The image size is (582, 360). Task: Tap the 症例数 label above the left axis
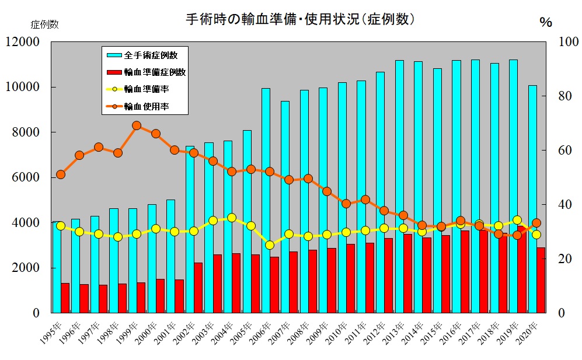[44, 25]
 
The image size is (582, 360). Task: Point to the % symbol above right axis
[545, 23]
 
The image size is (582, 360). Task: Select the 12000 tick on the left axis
[23, 42]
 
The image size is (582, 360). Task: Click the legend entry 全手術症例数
[151, 55]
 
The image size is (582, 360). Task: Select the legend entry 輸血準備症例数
[155, 72]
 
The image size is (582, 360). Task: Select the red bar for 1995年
[65, 298]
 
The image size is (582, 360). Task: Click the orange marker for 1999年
[137, 125]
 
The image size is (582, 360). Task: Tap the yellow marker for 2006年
[270, 245]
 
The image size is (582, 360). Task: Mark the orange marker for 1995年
[61, 174]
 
